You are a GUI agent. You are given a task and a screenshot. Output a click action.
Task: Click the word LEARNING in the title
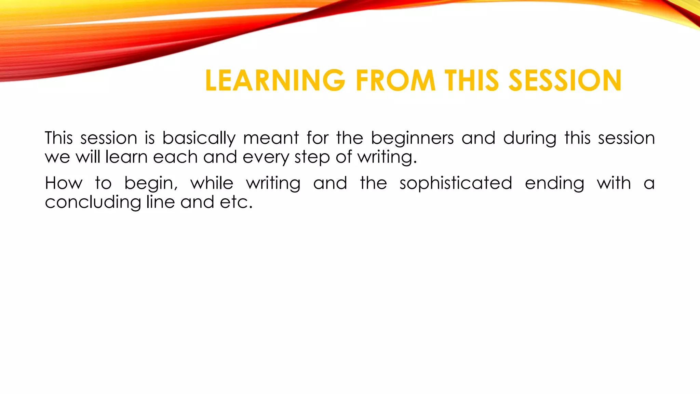(x=275, y=81)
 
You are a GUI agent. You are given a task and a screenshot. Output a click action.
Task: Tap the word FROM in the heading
(x=395, y=81)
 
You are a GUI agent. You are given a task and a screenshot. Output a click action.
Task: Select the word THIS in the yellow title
(x=472, y=81)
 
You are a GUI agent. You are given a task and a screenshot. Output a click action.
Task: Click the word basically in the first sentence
(x=199, y=139)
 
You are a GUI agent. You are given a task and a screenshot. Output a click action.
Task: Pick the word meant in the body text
(x=271, y=139)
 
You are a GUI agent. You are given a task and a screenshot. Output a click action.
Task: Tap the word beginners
(x=412, y=139)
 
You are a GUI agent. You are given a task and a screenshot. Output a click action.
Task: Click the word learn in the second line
(x=126, y=157)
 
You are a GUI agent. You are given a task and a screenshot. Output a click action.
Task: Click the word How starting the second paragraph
(x=64, y=183)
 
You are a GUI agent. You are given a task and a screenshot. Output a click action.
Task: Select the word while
(x=212, y=183)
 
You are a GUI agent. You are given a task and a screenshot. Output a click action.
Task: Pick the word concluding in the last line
(x=93, y=202)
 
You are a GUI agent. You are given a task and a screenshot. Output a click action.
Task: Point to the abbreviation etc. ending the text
(x=236, y=202)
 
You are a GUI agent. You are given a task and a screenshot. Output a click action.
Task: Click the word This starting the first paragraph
(x=59, y=139)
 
